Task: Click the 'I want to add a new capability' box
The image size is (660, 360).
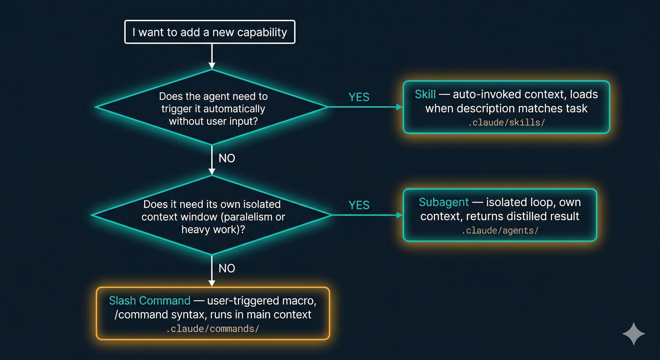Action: click(210, 32)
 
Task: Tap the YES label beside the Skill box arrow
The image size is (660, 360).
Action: click(359, 97)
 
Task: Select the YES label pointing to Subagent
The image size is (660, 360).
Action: click(359, 205)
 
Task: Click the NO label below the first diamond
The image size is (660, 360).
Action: click(226, 158)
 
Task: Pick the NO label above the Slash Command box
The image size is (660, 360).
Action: click(226, 268)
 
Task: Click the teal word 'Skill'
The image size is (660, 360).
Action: click(425, 94)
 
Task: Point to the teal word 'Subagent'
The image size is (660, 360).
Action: click(443, 202)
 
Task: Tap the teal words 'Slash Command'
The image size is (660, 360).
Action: click(150, 300)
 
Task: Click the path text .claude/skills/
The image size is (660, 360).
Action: click(506, 123)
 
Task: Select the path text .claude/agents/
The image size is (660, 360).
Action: click(500, 231)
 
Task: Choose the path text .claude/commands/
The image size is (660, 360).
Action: click(212, 329)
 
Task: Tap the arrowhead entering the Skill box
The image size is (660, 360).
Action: click(399, 107)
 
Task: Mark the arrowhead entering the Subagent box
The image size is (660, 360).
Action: click(399, 215)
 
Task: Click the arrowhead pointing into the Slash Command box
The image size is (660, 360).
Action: click(212, 283)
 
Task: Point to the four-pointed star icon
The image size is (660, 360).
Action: click(633, 334)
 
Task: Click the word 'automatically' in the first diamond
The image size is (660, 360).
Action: click(234, 109)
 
